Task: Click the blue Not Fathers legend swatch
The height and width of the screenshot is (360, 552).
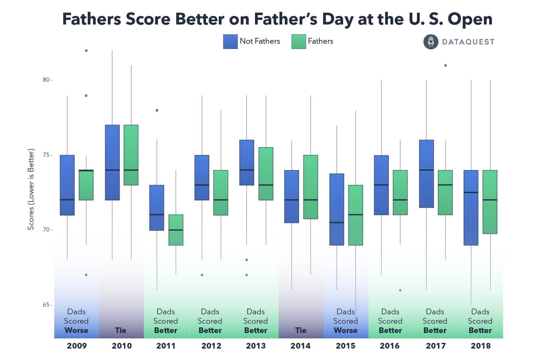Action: tap(230, 42)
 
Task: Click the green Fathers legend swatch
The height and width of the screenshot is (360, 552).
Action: tap(299, 42)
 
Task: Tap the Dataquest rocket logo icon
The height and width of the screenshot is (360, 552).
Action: tap(430, 42)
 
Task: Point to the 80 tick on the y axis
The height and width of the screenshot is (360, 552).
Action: tap(48, 80)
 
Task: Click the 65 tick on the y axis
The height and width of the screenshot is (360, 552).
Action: tap(48, 305)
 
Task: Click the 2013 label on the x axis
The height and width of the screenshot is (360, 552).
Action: tap(256, 346)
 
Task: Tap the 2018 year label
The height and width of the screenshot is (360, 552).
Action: tap(480, 346)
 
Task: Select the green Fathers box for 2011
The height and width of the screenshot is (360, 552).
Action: tap(176, 230)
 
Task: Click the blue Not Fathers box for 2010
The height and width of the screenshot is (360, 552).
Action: tap(112, 162)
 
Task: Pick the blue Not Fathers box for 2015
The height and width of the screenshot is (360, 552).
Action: tap(337, 209)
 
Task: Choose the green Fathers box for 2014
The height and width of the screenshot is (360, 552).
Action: tap(310, 187)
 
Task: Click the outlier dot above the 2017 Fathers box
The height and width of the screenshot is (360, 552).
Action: tap(445, 65)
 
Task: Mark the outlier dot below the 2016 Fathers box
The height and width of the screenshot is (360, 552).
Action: tap(400, 290)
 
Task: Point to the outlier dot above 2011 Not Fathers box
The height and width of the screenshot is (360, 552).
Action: tap(157, 110)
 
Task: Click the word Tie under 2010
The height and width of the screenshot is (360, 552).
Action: tap(121, 330)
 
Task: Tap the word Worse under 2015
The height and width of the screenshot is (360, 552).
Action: tap(345, 330)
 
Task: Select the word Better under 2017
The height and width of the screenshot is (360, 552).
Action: tap(435, 330)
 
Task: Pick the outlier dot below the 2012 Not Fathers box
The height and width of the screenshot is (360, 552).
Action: tap(202, 275)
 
